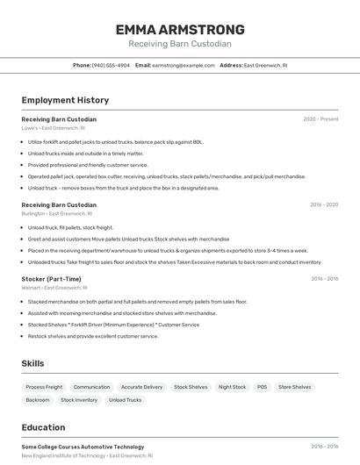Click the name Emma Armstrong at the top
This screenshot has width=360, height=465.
[x=180, y=30]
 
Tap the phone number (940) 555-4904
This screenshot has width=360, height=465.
[x=111, y=65]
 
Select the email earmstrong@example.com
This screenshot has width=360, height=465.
[x=184, y=65]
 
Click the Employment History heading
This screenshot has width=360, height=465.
[x=65, y=100]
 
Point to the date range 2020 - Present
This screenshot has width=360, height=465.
[x=320, y=119]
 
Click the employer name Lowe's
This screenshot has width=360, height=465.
[x=30, y=128]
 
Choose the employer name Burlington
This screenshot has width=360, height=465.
[x=33, y=213]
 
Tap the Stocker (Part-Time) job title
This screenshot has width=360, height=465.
[x=51, y=279]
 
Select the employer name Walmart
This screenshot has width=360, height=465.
[x=32, y=288]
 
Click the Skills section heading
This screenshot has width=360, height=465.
[x=33, y=363]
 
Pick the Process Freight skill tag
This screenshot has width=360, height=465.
[x=44, y=387]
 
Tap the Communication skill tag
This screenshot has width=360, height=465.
[x=91, y=387]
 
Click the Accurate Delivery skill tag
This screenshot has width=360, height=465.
[x=141, y=387]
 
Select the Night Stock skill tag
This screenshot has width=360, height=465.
[x=232, y=387]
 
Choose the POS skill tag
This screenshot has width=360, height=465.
[x=262, y=387]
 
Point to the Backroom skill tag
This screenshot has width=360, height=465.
[x=38, y=400]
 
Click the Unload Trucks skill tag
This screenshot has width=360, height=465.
[x=125, y=400]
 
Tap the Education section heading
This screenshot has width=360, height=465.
[x=43, y=428]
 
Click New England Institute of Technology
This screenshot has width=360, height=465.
[x=62, y=455]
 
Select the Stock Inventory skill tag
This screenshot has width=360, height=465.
[x=79, y=400]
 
